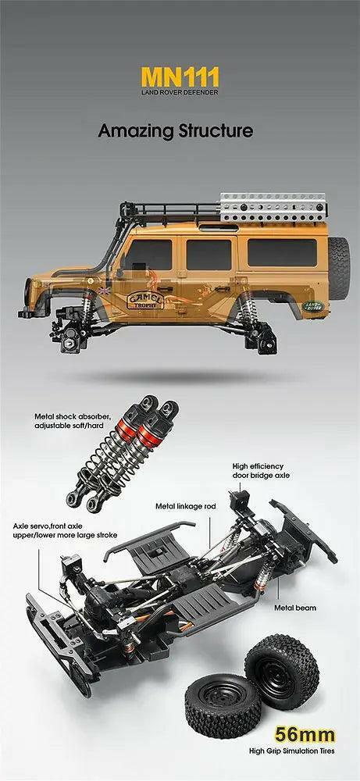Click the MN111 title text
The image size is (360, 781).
[x=180, y=77]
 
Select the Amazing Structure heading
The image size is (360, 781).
[x=176, y=130]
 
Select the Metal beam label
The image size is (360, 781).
[x=294, y=606]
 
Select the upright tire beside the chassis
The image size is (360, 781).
[x=282, y=669]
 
